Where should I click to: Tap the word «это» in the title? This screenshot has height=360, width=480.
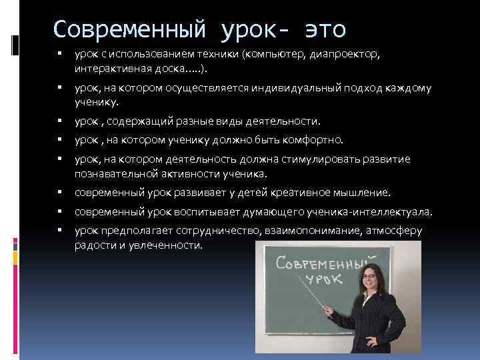[x=324, y=29]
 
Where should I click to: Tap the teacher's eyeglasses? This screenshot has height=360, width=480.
[x=369, y=275]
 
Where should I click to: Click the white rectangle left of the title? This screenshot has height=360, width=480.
[x=15, y=45]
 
